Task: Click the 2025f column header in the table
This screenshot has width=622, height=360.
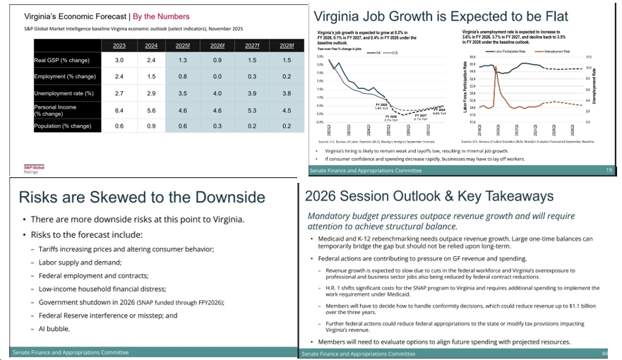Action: [183, 46]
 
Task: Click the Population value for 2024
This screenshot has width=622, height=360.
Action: [150, 126]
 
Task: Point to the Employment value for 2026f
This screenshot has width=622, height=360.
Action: [217, 77]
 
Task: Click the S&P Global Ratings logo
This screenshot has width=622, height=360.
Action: [34, 169]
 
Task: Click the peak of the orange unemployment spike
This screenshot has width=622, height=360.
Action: [496, 66]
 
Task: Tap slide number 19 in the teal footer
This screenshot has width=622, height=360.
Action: [609, 170]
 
